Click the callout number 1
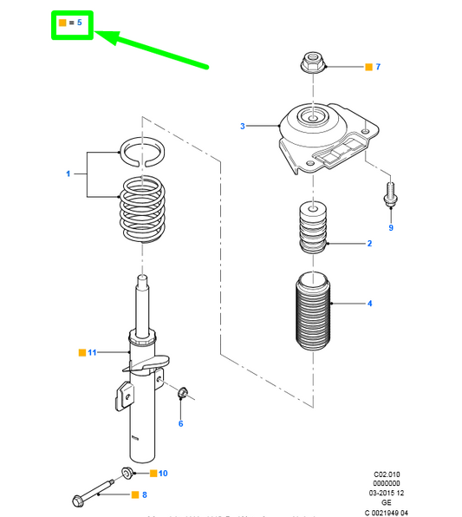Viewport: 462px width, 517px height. pyautogui.click(x=68, y=174)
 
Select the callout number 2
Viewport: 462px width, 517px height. pyautogui.click(x=369, y=244)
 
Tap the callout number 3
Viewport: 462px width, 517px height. pyautogui.click(x=243, y=127)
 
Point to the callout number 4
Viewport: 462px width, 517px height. pyautogui.click(x=369, y=304)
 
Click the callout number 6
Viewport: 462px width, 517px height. pyautogui.click(x=181, y=423)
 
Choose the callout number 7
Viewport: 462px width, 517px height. pyautogui.click(x=378, y=67)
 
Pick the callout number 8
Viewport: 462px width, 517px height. pyautogui.click(x=145, y=495)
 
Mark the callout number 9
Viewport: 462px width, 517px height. pyautogui.click(x=390, y=228)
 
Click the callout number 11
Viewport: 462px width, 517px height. pyautogui.click(x=92, y=352)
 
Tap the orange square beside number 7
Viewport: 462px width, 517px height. pyautogui.click(x=368, y=67)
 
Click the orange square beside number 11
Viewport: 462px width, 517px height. pyautogui.click(x=81, y=352)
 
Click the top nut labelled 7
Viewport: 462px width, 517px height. pyautogui.click(x=311, y=63)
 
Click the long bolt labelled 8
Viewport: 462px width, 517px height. pyautogui.click(x=94, y=497)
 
